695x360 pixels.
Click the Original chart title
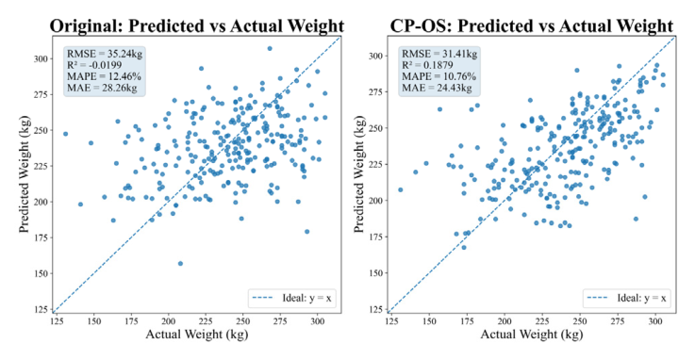point(197,26)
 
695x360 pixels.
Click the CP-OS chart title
point(532,26)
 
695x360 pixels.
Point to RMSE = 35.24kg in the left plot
point(105,54)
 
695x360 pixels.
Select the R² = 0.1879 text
point(427,65)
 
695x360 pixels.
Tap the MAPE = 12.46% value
point(104,76)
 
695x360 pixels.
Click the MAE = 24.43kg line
point(437,88)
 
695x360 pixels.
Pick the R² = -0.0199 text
point(94,65)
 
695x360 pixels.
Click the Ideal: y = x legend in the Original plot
point(291,298)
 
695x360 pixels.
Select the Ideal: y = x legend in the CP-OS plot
point(626,298)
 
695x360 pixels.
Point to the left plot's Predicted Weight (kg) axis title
point(25,174)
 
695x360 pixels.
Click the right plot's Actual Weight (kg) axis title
point(532,334)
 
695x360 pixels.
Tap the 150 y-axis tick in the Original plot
point(41,273)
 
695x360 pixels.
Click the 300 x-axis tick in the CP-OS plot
point(655,321)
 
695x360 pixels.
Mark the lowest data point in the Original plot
point(180,264)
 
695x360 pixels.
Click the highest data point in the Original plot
point(270,48)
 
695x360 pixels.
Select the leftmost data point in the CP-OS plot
point(400,189)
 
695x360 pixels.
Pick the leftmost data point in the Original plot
point(66,134)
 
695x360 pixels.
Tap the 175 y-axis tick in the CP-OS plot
point(376,237)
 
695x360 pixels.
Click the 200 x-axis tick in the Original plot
point(169,321)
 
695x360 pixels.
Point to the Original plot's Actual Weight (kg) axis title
point(197,334)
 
